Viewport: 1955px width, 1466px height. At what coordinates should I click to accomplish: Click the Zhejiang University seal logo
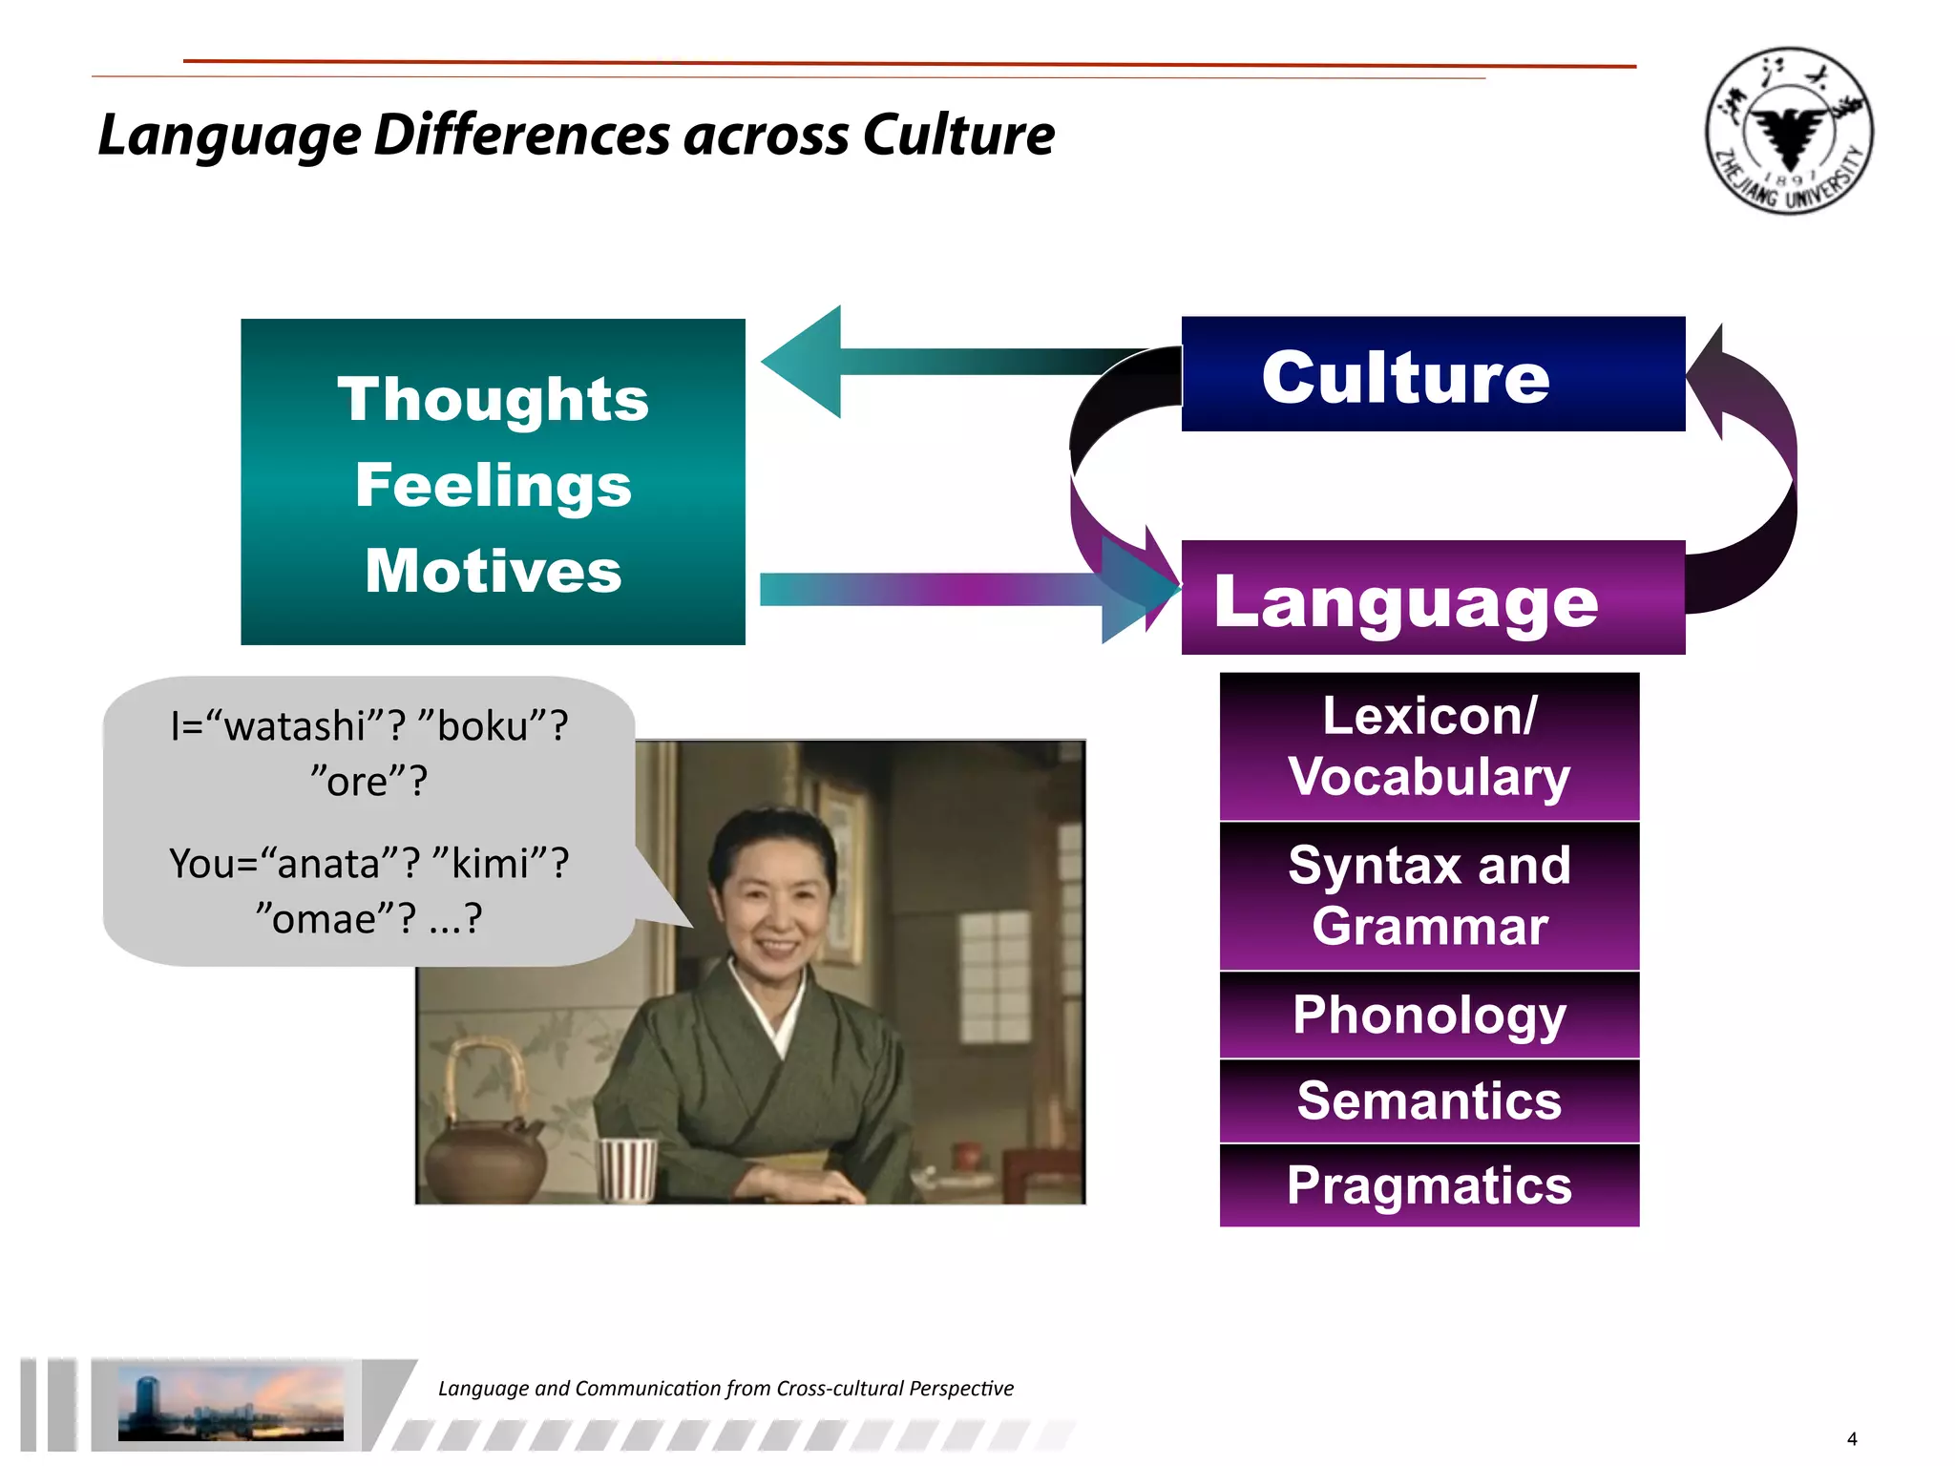pos(1789,131)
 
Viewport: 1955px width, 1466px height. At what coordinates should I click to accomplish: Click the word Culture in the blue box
pos(1405,377)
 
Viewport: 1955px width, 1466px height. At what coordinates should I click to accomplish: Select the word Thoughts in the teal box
pos(493,399)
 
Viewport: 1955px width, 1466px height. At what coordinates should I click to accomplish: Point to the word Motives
pos(493,571)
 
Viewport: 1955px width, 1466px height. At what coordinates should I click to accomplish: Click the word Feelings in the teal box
pos(493,485)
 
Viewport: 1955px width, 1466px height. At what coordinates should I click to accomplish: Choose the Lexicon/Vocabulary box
pos(1429,746)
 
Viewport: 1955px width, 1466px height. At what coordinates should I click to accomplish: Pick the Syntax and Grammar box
pos(1429,895)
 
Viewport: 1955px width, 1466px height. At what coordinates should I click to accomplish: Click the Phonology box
pos(1429,1015)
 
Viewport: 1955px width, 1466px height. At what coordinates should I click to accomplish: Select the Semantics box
pos(1429,1100)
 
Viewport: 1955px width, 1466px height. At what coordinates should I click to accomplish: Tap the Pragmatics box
pos(1429,1185)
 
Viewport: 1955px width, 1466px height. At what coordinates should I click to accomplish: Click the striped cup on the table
pos(626,1168)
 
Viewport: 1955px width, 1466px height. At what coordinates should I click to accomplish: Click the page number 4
pos(1852,1439)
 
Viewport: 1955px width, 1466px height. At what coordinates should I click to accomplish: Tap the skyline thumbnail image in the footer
pos(230,1402)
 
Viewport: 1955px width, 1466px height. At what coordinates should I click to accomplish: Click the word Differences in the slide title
pos(522,135)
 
